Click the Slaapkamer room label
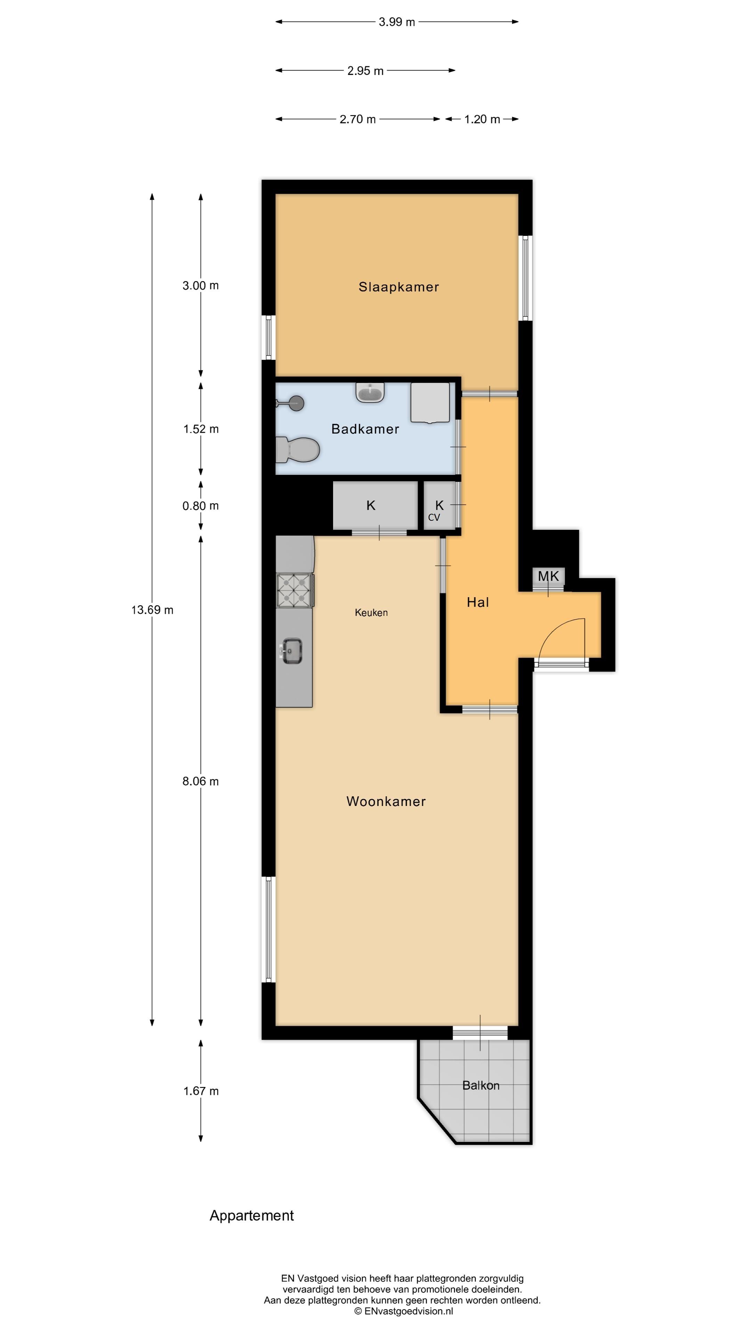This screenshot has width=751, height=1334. click(x=398, y=287)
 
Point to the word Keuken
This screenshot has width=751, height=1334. click(x=371, y=612)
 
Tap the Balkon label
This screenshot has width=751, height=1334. click(x=481, y=1085)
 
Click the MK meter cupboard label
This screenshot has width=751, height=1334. click(x=548, y=576)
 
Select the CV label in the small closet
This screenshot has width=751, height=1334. click(x=434, y=517)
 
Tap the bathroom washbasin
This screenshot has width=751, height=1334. click(x=370, y=392)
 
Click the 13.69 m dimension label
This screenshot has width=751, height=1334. click(x=152, y=610)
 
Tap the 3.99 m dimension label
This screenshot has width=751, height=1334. click(x=396, y=22)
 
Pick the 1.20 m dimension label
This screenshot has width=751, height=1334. click(x=482, y=119)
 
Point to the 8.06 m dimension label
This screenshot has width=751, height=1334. click(x=201, y=781)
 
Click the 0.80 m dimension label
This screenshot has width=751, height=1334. click(x=201, y=506)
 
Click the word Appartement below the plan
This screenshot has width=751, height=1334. click(x=251, y=1216)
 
